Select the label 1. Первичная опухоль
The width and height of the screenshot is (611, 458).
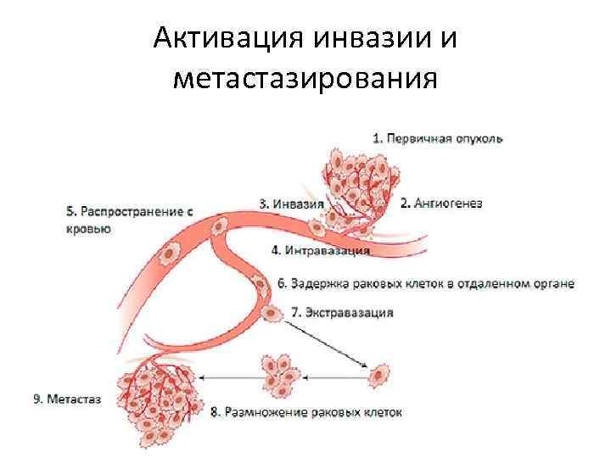(x=439, y=138)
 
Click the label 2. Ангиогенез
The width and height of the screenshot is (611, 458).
(x=441, y=204)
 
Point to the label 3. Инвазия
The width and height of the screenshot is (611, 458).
(x=291, y=204)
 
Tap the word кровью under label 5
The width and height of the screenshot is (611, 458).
(x=87, y=228)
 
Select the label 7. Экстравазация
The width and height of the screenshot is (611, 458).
(x=342, y=312)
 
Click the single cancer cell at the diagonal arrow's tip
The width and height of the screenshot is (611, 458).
(x=379, y=372)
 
